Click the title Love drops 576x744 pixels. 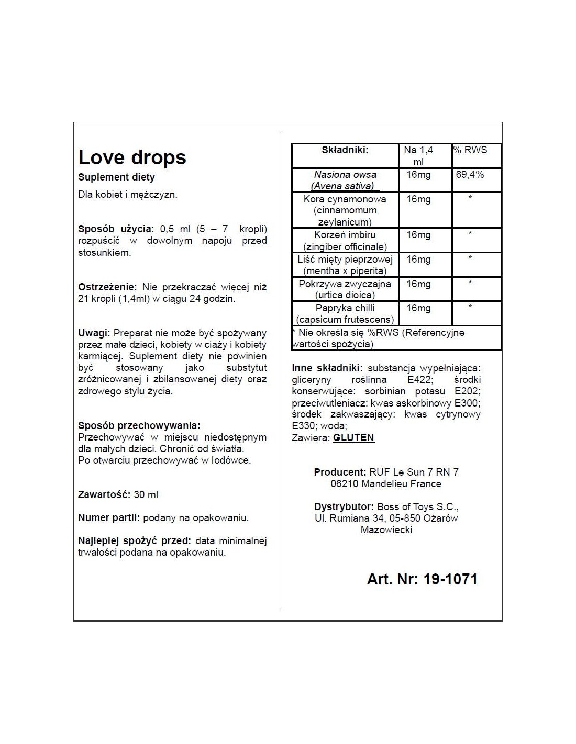point(132,157)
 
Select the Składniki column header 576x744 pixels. point(345,150)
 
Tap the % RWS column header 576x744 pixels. point(470,150)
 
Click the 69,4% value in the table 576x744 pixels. point(470,175)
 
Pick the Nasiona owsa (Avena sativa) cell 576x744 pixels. point(345,180)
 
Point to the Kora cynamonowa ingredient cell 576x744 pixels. point(345,210)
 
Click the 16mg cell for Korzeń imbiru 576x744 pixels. point(418,235)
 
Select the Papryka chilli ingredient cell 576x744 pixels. point(345,313)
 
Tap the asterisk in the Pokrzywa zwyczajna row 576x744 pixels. point(470,284)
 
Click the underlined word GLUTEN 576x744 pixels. point(353,437)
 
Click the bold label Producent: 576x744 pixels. point(340,472)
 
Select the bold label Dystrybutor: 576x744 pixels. point(344,506)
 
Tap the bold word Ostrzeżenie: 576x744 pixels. point(107,287)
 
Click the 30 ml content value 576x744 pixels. point(146,494)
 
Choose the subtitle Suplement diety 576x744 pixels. point(116,177)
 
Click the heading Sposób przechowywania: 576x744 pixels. point(139,426)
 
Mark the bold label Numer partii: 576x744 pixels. point(109,518)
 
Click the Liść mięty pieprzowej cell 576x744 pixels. point(345,265)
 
